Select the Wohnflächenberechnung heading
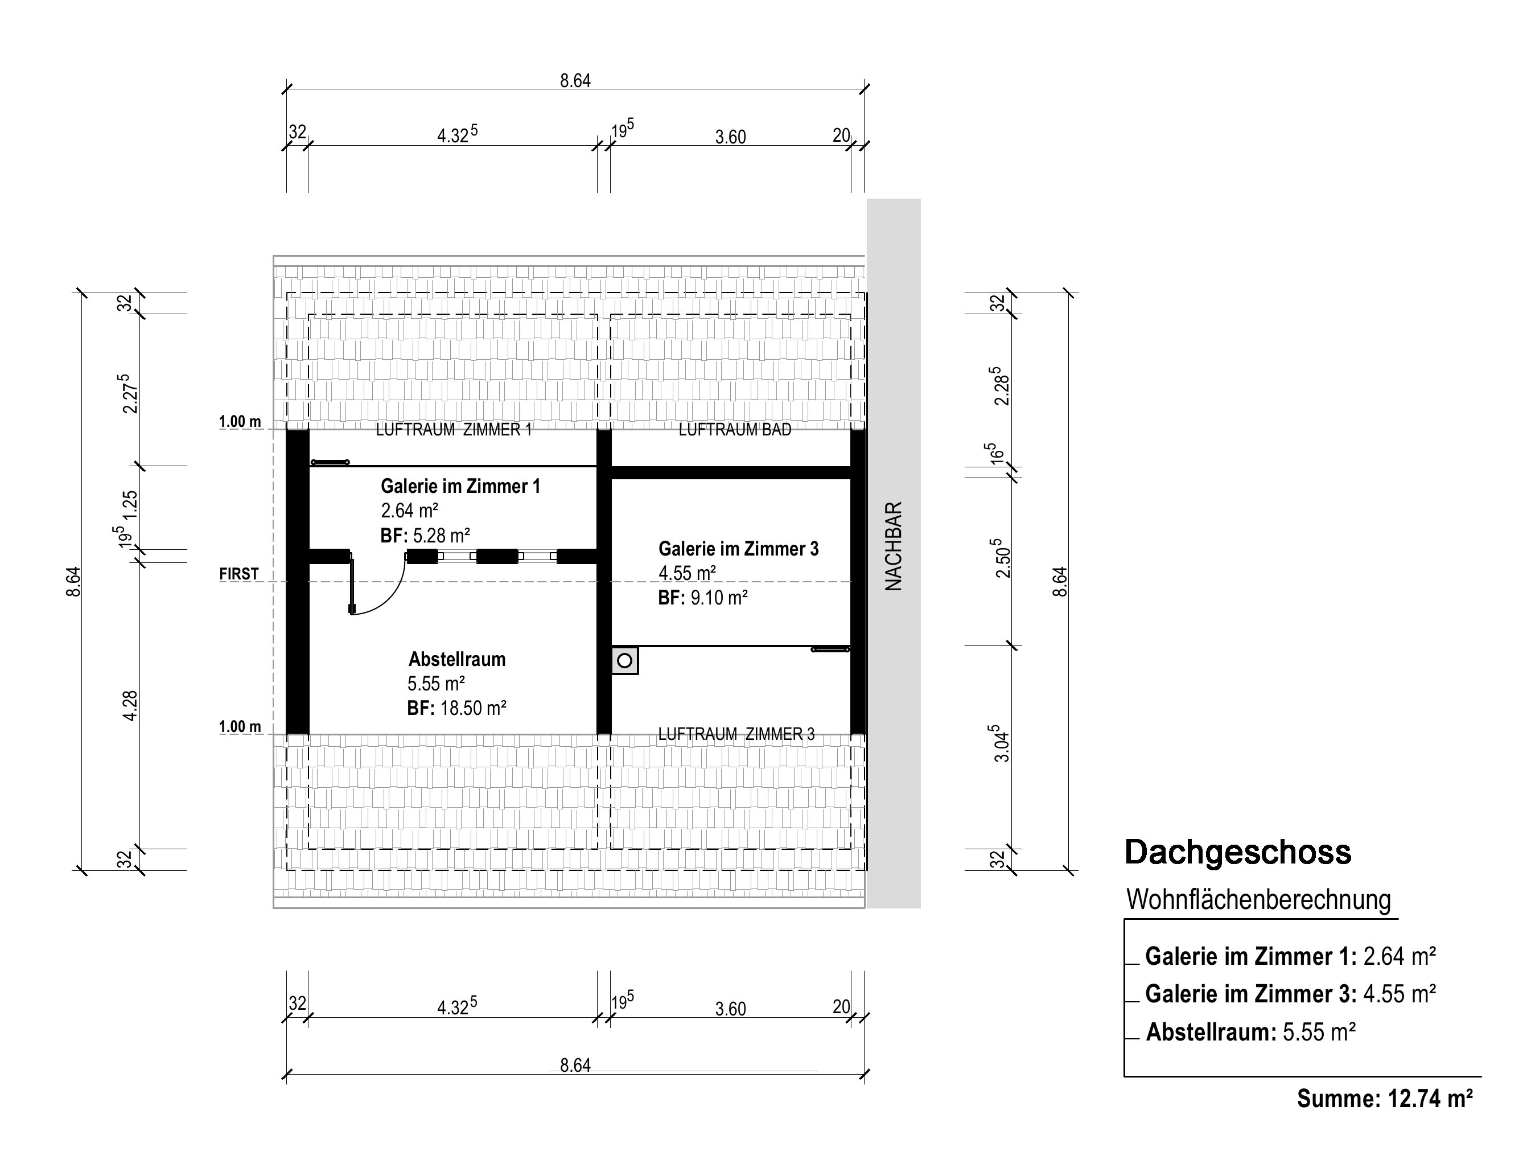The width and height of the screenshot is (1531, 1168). tap(1258, 900)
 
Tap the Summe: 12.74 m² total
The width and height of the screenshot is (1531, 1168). tap(1385, 1099)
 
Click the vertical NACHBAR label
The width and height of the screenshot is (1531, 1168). tap(894, 546)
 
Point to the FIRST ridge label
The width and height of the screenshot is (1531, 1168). tap(238, 574)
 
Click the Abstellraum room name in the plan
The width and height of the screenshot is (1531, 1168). tap(457, 659)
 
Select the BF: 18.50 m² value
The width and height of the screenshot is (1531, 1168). tap(457, 708)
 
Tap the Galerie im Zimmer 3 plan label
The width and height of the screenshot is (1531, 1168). tap(738, 549)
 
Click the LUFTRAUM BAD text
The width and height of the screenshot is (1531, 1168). tap(735, 430)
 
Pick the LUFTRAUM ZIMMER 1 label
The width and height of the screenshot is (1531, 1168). tap(454, 430)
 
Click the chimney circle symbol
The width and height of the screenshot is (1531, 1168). tap(624, 660)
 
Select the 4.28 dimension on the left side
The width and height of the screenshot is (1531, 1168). tap(130, 706)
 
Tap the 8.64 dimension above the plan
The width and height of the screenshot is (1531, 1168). tap(575, 81)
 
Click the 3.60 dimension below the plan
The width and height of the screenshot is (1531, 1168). tap(731, 1009)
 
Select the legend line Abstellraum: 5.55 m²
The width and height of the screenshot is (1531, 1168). tap(1251, 1033)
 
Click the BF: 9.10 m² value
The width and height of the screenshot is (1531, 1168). tap(703, 597)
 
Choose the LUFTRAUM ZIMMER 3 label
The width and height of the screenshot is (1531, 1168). tap(736, 734)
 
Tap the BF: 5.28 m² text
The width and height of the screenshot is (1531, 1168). tap(426, 535)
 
